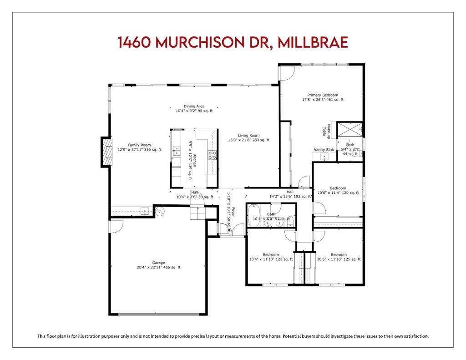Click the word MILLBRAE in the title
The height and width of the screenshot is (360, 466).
[x=312, y=42]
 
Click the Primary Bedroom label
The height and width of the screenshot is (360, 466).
[x=323, y=95]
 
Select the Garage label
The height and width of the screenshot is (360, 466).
[x=158, y=263]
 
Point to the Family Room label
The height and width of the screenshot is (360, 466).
[x=139, y=145]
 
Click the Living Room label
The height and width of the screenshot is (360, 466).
[x=248, y=136]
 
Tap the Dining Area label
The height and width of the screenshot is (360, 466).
[x=194, y=106]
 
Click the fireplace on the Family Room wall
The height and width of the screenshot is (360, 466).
[x=107, y=152]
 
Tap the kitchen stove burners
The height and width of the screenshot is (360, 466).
[x=212, y=155]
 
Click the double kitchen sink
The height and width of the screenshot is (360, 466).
[x=177, y=151]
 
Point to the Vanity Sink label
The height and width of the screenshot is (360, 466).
[x=324, y=150]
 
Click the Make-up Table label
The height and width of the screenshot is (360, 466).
[x=327, y=131]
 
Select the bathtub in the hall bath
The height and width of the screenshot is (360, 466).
[x=254, y=215]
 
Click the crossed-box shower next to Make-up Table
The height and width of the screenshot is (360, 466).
[x=350, y=129]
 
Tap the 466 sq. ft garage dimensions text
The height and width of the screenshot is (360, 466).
[x=158, y=267]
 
